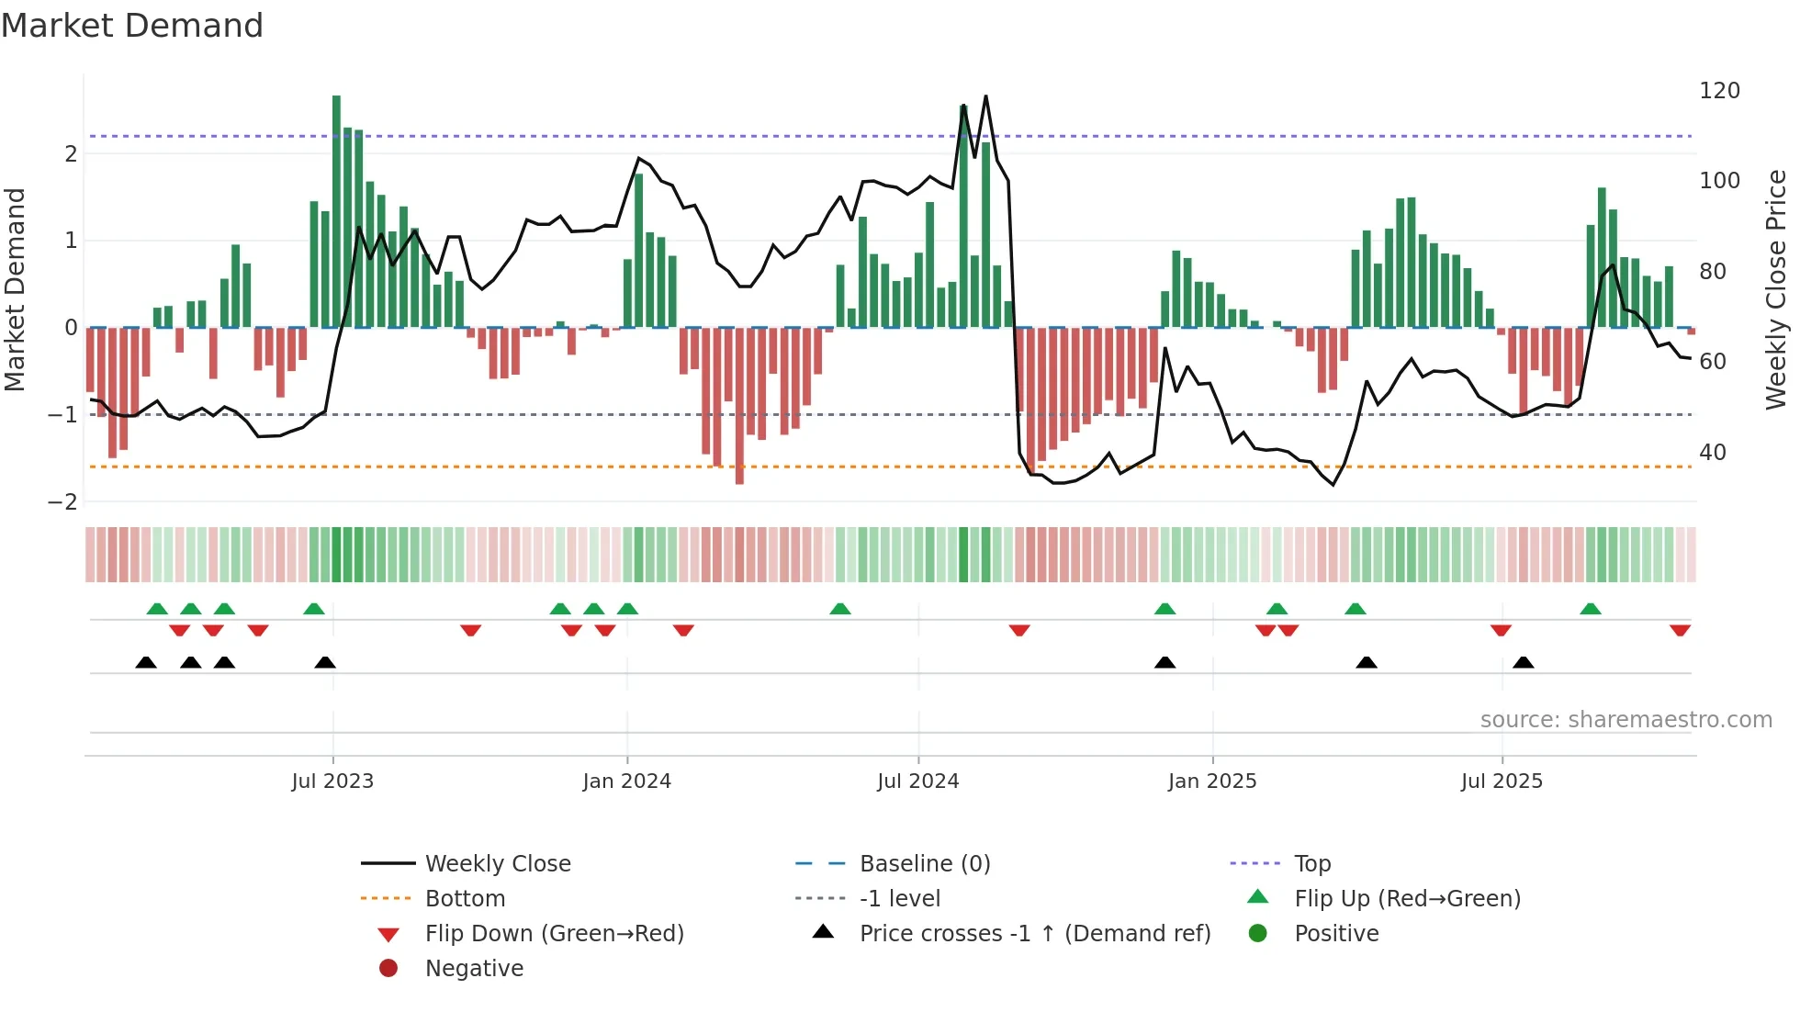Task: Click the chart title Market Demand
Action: (x=132, y=26)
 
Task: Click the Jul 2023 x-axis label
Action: (x=332, y=781)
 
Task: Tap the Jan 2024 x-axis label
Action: (x=626, y=781)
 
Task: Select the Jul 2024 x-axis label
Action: (x=917, y=781)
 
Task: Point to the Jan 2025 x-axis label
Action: (x=1211, y=781)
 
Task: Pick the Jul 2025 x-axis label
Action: (x=1502, y=781)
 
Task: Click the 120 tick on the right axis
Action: (x=1719, y=91)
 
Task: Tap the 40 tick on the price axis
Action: (x=1712, y=453)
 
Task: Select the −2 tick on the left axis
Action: (x=62, y=502)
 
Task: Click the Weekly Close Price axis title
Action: (x=1776, y=289)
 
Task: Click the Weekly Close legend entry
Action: (x=497, y=864)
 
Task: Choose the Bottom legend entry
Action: (x=465, y=899)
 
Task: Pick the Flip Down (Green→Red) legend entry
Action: (x=554, y=934)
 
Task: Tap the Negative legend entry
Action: (x=474, y=969)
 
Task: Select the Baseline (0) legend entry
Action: (x=924, y=864)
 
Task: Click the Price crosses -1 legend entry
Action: (x=1034, y=934)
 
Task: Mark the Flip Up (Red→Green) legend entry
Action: (x=1407, y=899)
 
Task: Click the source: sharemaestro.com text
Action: (x=1626, y=720)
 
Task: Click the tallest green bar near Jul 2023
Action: (x=336, y=211)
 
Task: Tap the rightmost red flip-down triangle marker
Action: (x=1680, y=630)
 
